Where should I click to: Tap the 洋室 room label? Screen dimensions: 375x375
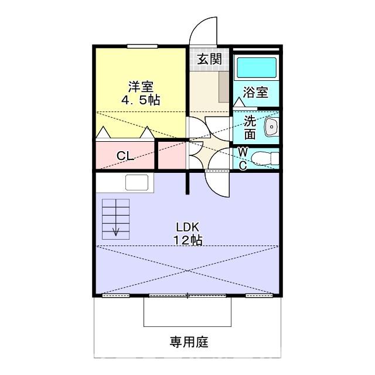coord(141,86)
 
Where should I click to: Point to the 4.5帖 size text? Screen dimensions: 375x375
coord(141,100)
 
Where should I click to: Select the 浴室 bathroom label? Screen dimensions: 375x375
coord(256,92)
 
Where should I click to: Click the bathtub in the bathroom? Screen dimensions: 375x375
coord(255,69)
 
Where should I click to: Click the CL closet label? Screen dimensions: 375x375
coord(124,156)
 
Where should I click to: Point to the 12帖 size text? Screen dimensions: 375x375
coord(188,240)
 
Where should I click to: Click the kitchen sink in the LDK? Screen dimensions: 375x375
coord(137,183)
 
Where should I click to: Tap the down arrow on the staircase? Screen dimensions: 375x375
coord(115,230)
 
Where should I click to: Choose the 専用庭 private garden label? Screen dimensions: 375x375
coord(189,341)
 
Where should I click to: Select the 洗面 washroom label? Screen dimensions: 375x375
coord(250,127)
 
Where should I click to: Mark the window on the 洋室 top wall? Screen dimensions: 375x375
coord(142,46)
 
